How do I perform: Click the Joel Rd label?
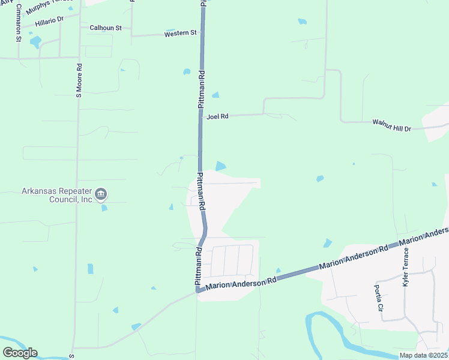(x=217, y=117)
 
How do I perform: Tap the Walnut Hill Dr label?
(x=391, y=125)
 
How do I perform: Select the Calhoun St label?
(x=106, y=28)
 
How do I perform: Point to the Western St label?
(x=181, y=34)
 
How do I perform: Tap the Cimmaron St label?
(x=19, y=23)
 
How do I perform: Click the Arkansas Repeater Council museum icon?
(x=101, y=194)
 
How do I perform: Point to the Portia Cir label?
(x=379, y=297)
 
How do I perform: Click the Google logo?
(x=20, y=352)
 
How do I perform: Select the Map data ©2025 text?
(x=423, y=355)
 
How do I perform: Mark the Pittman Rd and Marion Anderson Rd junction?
(x=197, y=291)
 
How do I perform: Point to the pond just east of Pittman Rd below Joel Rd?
(x=221, y=166)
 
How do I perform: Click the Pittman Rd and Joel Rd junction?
(x=201, y=116)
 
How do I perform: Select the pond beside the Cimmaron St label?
(x=35, y=42)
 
